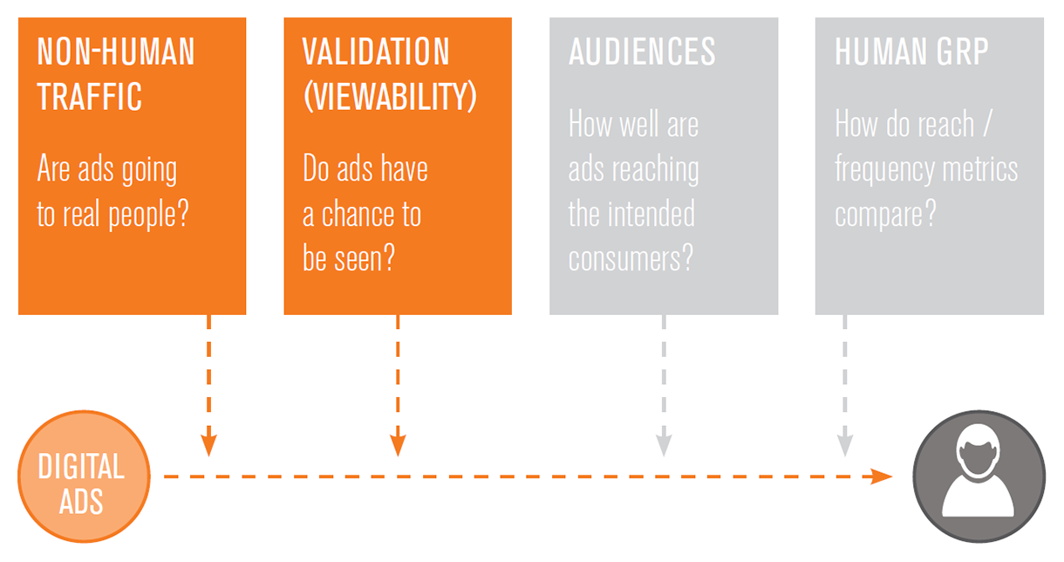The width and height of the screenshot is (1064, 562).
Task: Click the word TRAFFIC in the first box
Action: tap(89, 97)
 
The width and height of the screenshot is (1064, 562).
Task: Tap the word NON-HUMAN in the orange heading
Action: tap(116, 51)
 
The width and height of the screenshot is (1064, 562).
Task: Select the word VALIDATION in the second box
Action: tap(376, 51)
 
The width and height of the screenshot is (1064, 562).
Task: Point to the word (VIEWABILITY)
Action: tap(390, 97)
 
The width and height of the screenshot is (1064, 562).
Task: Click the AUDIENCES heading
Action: tap(642, 51)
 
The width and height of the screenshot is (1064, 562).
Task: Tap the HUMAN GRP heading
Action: tap(911, 51)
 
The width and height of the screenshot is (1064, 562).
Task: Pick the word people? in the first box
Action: tap(148, 215)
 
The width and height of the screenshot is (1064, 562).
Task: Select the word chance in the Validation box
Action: tap(358, 214)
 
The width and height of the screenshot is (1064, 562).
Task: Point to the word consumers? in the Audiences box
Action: tap(631, 259)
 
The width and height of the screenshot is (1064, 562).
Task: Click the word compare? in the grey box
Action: tap(885, 215)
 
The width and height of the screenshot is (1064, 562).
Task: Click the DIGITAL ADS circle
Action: tap(84, 476)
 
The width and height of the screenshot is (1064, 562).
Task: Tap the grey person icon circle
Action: tap(979, 476)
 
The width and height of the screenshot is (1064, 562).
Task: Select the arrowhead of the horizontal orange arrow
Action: tap(882, 476)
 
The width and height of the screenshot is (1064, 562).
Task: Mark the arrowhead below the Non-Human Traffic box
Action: tap(209, 446)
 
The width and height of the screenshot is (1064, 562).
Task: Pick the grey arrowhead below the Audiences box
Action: tap(664, 446)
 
